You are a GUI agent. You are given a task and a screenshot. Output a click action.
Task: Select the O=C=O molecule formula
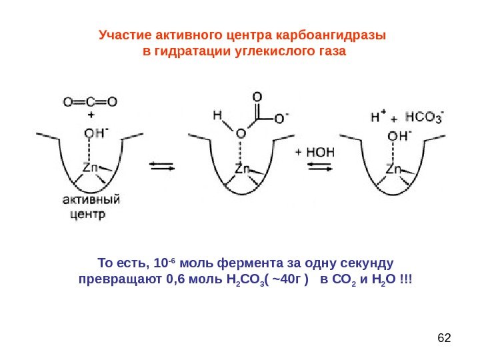90,102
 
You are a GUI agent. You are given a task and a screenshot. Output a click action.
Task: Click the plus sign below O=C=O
90,115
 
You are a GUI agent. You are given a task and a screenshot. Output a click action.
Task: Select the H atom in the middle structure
217,115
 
